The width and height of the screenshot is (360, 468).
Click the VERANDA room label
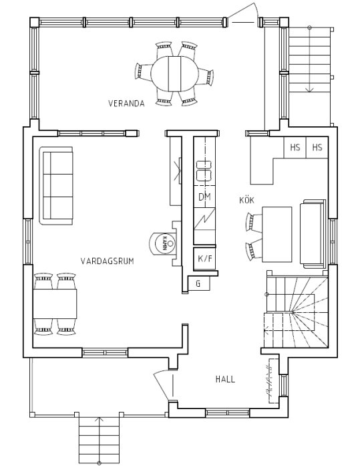point(126,104)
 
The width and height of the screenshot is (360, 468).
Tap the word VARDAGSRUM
point(107,261)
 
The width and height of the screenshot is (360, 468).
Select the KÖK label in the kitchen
point(247,201)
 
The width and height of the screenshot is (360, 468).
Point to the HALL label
point(225,379)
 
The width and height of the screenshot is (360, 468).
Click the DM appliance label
point(204,197)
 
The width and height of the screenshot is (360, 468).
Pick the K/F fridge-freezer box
point(204,258)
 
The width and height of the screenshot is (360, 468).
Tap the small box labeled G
point(198,283)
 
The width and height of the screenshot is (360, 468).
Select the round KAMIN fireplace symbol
point(162,242)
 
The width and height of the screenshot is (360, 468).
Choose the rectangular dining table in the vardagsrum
point(55,304)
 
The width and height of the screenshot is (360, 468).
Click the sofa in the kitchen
point(313,233)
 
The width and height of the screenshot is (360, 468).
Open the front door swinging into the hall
point(163,384)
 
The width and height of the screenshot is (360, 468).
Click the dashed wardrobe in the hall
point(273,382)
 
